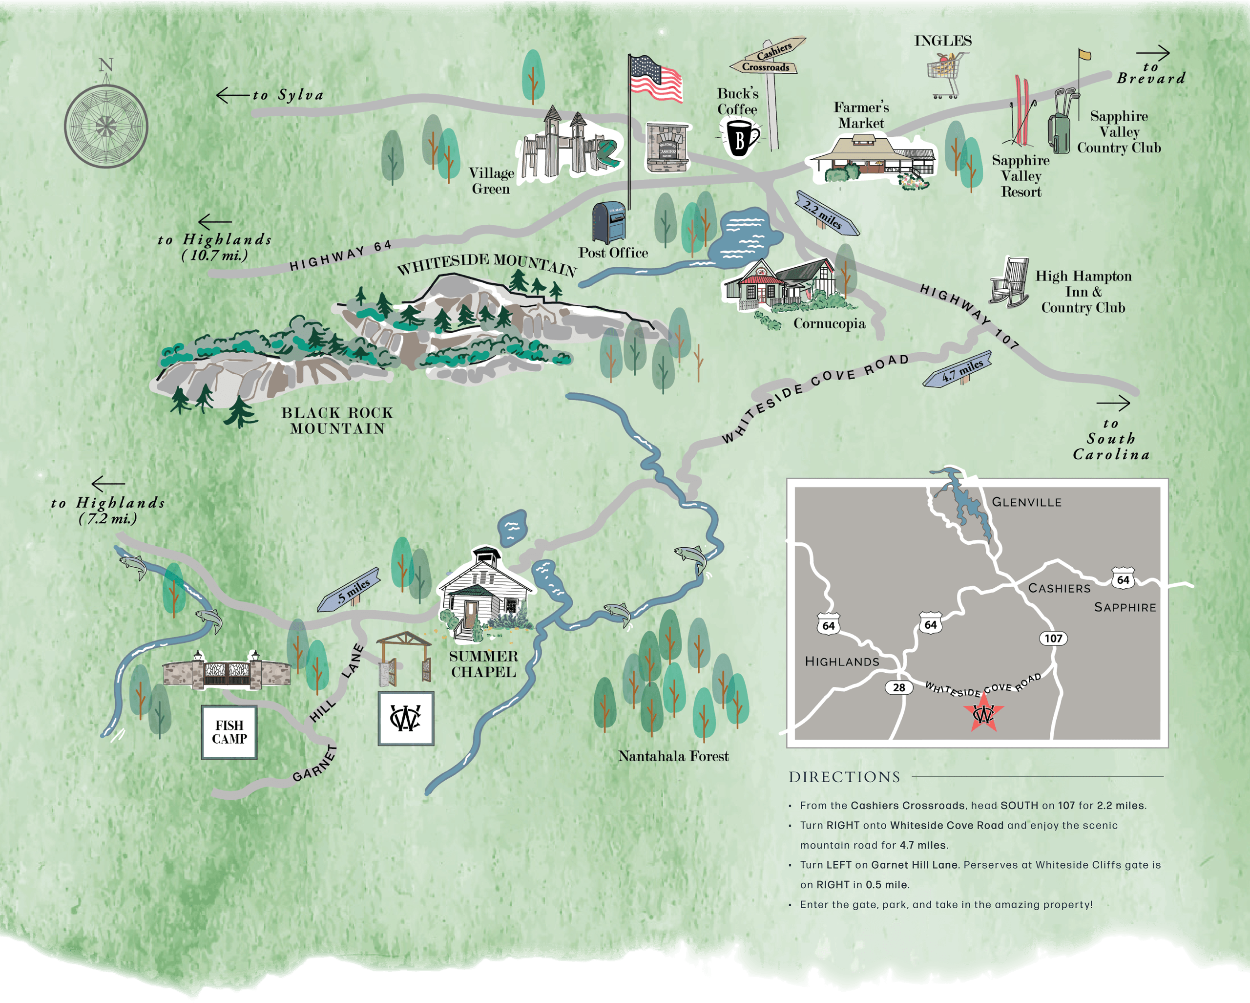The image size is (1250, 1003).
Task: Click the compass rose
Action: point(105,126)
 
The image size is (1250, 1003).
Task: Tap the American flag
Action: point(656,79)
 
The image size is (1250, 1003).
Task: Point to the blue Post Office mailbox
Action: point(609,222)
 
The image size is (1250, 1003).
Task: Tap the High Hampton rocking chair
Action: point(1009,282)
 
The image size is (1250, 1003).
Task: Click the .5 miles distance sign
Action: point(349,589)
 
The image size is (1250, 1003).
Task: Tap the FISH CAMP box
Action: point(229,732)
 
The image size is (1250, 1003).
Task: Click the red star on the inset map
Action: point(983,713)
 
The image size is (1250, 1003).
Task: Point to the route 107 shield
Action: point(1053,639)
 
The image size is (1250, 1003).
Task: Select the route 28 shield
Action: point(898,687)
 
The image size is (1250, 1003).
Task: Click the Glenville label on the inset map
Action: point(1026,502)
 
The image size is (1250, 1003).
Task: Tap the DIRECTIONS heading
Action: point(844,777)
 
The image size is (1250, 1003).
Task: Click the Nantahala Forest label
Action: point(673,756)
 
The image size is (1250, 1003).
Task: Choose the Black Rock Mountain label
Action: point(337,421)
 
